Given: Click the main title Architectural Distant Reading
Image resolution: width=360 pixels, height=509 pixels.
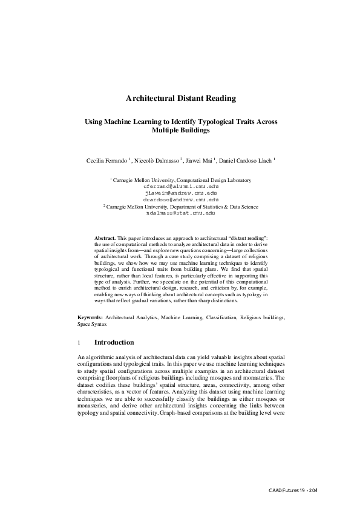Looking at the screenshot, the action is pos(180,98).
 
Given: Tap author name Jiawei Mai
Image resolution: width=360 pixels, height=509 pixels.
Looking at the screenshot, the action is pos(199,160).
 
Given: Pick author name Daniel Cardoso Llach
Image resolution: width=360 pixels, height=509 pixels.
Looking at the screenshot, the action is pos(245,160).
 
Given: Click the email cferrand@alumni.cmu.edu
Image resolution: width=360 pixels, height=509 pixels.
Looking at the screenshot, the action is pos(180,187).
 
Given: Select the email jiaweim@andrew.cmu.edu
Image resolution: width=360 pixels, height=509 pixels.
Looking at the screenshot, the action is pos(180,193).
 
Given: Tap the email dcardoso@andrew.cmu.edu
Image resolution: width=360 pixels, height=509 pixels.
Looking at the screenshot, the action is pos(180,199).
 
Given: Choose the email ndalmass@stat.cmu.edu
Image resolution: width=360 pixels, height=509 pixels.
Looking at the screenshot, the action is pos(180,213).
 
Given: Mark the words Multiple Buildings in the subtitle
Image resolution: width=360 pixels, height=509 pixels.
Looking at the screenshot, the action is pos(180,130).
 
